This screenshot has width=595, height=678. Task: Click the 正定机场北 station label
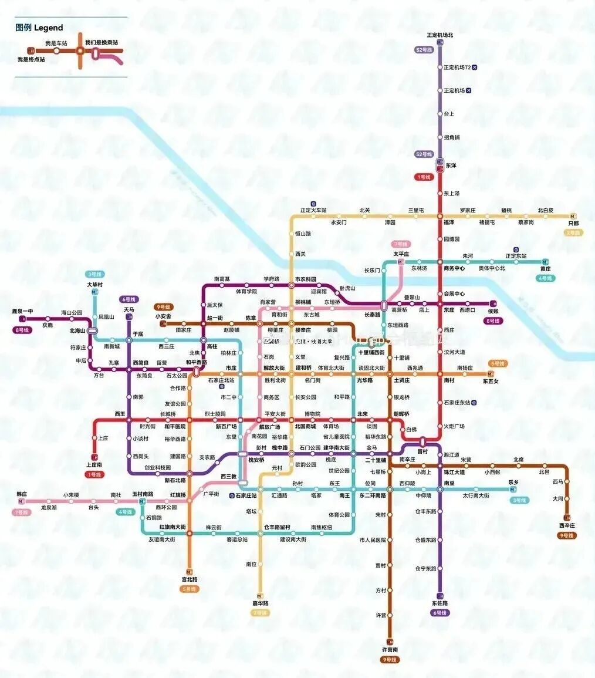440,35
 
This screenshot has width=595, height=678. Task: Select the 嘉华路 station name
260,603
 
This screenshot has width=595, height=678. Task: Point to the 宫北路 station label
189,579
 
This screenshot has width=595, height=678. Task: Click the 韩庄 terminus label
22,494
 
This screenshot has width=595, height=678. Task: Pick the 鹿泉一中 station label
23,311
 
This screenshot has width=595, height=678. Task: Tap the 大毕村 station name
94,285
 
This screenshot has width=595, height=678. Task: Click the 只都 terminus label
573,224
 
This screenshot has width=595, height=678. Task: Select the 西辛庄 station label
567,525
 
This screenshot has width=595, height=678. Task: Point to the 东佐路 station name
440,603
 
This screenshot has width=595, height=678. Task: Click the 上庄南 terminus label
94,465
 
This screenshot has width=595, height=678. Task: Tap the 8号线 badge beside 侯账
492,321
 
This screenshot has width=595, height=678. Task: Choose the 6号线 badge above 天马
129,299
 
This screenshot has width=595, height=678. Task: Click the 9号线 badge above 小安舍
164,306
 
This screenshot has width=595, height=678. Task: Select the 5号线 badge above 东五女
498,363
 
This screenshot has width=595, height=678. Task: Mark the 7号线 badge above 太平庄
401,244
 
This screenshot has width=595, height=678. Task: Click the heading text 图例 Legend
39,28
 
